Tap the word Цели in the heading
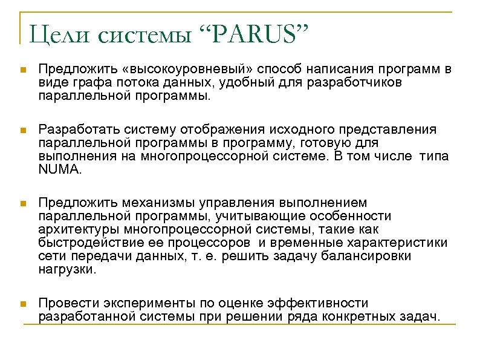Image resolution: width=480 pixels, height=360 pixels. pyautogui.click(x=58, y=34)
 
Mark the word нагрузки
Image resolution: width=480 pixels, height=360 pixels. pyautogui.click(x=66, y=270)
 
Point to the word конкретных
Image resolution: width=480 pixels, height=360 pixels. pyautogui.click(x=352, y=316)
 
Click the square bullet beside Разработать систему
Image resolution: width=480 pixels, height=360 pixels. pyautogui.click(x=23, y=131)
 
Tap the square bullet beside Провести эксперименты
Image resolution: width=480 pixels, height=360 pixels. pyautogui.click(x=23, y=304)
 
